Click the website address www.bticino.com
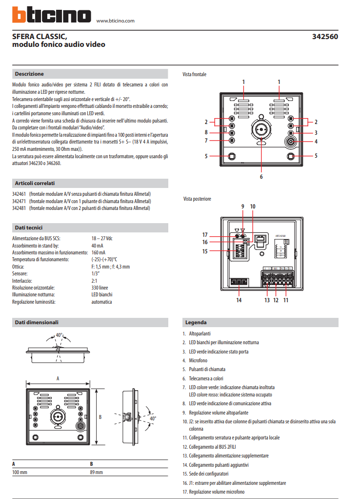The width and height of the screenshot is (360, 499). [x=116, y=21]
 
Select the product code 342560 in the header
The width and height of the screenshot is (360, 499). [x=324, y=37]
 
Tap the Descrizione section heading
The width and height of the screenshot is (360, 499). [x=29, y=74]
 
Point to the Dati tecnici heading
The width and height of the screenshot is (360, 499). [x=28, y=228]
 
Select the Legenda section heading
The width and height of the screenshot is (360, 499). [x=196, y=322]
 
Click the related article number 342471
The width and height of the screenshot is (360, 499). [x=19, y=201]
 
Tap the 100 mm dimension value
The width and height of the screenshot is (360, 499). [x=20, y=472]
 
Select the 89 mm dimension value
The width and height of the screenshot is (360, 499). [x=97, y=472]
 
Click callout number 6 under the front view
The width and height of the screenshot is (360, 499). [x=261, y=176]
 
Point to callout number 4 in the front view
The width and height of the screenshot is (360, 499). [x=316, y=142]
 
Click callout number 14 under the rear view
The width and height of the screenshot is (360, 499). [x=239, y=300]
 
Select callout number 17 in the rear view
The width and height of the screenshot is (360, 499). [x=205, y=234]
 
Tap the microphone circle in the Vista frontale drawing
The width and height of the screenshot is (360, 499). [x=291, y=142]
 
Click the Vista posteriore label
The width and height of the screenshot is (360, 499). [x=197, y=199]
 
